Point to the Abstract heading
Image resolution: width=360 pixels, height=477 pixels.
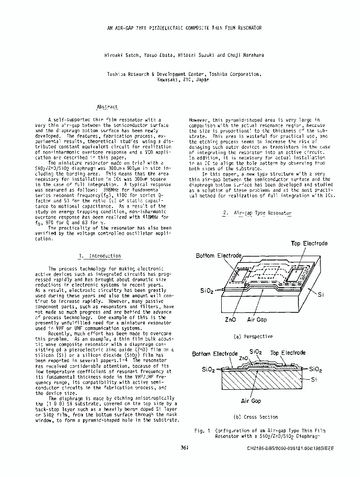pos(107,107)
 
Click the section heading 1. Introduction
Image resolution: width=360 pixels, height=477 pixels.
pos(100,256)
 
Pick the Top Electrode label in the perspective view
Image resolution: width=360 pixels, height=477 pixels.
pos(309,244)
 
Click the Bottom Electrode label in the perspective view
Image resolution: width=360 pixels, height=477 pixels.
pos(219,256)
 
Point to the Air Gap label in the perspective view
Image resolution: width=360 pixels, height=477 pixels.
pos(257,320)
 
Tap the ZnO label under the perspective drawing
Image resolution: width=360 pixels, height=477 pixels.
pos(230,320)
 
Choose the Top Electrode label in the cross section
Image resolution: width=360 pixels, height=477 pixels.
pos(288,353)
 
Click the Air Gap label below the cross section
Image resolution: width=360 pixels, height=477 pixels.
pos(251,401)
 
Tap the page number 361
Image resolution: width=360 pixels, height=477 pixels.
pos(185,447)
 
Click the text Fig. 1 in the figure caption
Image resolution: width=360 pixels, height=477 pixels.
pos(202,430)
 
